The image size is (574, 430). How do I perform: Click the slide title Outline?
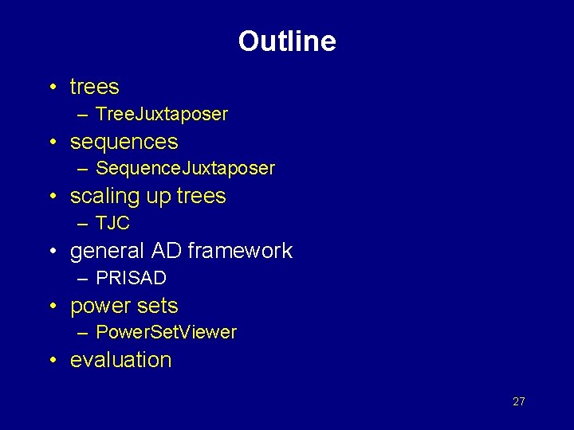[287, 41]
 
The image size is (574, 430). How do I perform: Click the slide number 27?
[519, 401]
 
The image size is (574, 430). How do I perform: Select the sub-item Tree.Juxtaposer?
[162, 115]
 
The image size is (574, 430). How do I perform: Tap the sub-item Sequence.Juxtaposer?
[185, 169]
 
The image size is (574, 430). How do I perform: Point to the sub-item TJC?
[112, 224]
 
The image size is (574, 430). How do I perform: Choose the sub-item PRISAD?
[131, 279]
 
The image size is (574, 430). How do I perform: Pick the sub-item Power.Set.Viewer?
[166, 333]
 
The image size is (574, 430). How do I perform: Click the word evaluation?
[121, 360]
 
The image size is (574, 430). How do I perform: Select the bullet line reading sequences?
[124, 143]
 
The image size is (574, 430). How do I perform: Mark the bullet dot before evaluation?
[51, 361]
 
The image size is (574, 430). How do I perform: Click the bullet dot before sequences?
[51, 143]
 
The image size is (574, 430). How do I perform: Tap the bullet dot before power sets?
[51, 307]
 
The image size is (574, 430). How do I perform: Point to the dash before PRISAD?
[84, 279]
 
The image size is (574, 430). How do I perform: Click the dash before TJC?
[84, 224]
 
